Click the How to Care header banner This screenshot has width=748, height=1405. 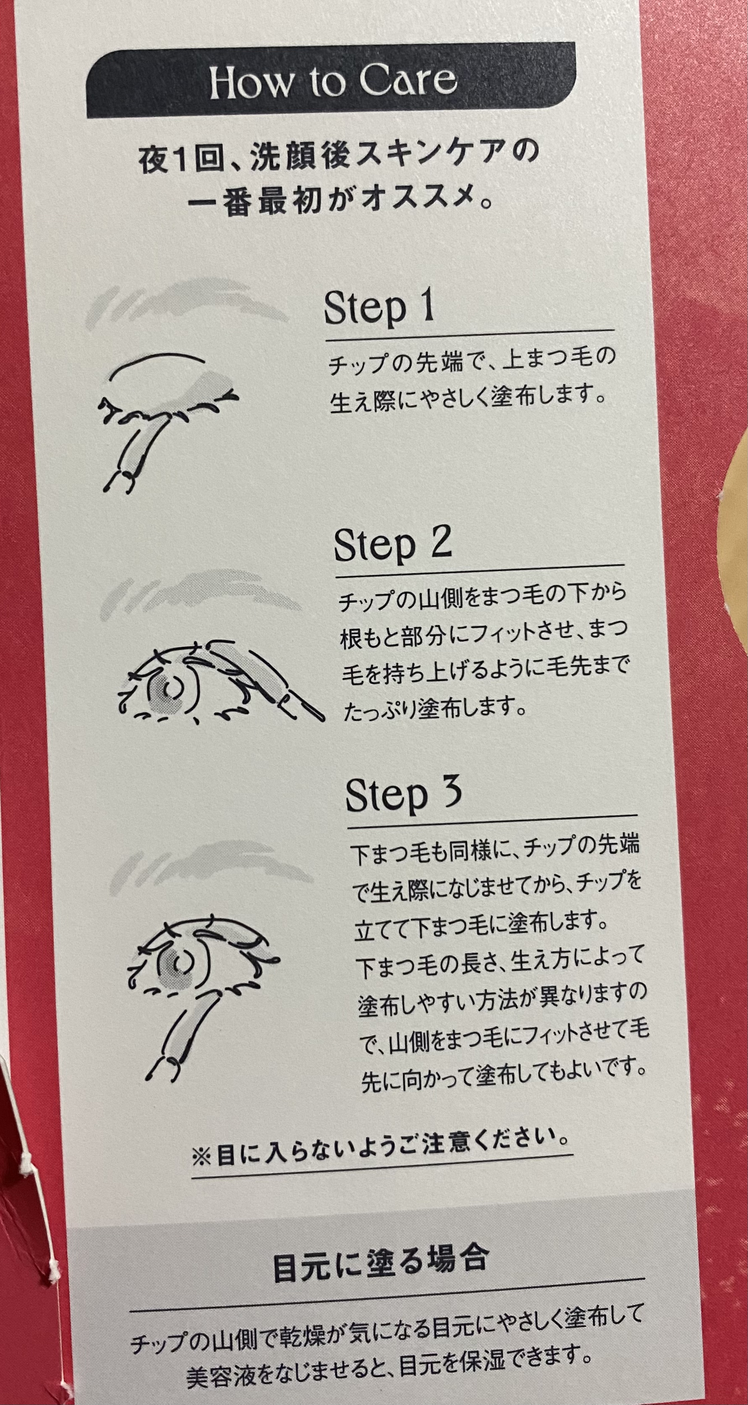[331, 81]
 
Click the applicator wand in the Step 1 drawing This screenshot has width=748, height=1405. [136, 447]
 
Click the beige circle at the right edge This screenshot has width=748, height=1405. [736, 546]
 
